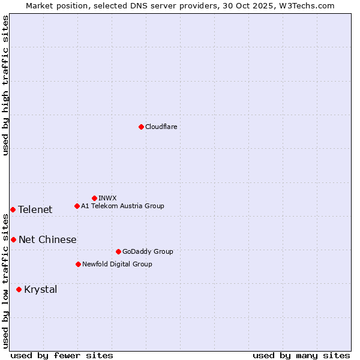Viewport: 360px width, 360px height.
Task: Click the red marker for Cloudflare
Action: pyautogui.click(x=141, y=127)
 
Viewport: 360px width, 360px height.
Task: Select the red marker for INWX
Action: pyautogui.click(x=94, y=198)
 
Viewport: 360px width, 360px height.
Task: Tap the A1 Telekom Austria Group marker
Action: pyautogui.click(x=77, y=206)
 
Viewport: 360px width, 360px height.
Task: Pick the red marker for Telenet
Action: pyautogui.click(x=13, y=209)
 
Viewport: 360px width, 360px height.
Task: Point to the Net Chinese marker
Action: pyautogui.click(x=13, y=239)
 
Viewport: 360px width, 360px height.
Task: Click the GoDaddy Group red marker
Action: pyautogui.click(x=118, y=251)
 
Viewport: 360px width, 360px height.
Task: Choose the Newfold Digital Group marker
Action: pyautogui.click(x=78, y=264)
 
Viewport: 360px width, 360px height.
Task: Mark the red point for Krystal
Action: pyautogui.click(x=19, y=289)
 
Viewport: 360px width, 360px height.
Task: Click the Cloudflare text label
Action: pyautogui.click(x=161, y=127)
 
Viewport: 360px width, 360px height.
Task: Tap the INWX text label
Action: pyautogui.click(x=107, y=198)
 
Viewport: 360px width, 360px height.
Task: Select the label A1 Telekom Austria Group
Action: pyautogui.click(x=122, y=206)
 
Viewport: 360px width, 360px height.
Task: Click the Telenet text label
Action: pyautogui.click(x=35, y=209)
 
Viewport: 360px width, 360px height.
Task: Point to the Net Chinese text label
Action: pyautogui.click(x=47, y=239)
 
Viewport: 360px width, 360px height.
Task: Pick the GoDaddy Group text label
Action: pyautogui.click(x=148, y=251)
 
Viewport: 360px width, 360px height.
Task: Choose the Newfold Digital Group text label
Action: pyautogui.click(x=117, y=264)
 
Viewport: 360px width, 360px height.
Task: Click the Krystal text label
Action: pyautogui.click(x=40, y=289)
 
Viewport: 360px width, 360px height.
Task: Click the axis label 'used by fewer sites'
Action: pyautogui.click(x=62, y=355)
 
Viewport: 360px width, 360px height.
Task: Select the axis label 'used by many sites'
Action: pyautogui.click(x=301, y=355)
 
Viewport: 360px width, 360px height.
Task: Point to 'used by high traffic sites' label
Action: pyautogui.click(x=6, y=85)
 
